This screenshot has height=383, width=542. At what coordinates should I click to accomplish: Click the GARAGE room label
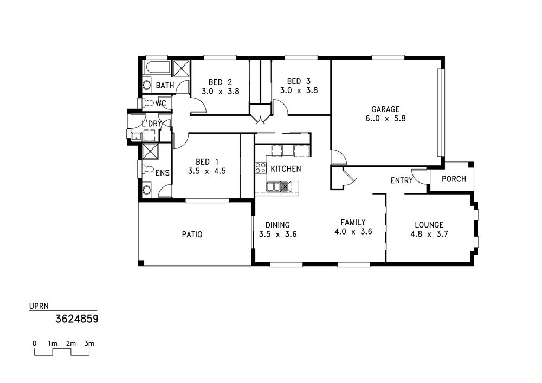385,109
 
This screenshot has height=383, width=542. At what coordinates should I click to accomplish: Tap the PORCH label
454,179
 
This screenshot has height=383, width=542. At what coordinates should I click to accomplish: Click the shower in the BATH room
181,68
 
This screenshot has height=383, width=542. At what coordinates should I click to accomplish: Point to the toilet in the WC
149,103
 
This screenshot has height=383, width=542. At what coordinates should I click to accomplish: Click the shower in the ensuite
150,151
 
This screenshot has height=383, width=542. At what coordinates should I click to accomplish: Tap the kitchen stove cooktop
261,167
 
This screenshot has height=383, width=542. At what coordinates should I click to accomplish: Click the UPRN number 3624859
77,319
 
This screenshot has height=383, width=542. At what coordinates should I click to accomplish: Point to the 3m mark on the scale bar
89,343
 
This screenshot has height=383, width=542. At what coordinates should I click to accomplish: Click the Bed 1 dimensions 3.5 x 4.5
207,171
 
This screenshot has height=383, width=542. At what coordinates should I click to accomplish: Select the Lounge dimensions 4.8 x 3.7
429,234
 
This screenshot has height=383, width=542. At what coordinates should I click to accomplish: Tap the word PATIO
192,235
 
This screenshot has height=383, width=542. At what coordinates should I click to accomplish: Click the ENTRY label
402,180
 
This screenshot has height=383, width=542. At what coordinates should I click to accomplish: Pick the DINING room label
278,225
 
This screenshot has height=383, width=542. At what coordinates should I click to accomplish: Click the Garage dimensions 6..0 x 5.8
385,119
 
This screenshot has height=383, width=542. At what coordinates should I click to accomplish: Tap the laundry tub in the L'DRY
136,136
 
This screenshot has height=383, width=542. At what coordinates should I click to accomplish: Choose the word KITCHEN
286,169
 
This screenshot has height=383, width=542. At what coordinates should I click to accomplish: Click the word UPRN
39,306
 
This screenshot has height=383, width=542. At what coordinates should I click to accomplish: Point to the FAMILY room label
353,223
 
